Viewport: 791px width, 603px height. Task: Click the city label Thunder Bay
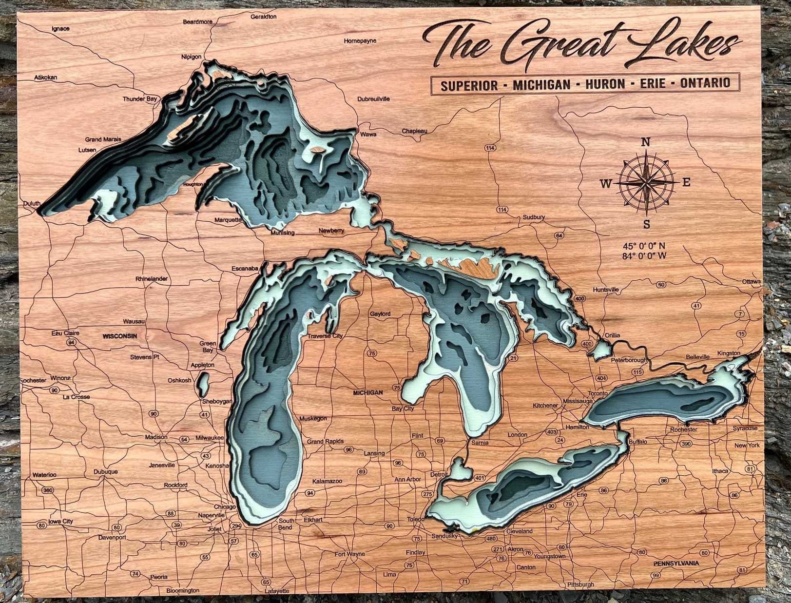point(140,99)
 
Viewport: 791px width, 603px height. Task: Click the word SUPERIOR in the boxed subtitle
point(469,85)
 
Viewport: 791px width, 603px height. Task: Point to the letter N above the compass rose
point(645,142)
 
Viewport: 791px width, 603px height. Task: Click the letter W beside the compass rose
point(605,184)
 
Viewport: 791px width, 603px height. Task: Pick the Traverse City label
point(325,336)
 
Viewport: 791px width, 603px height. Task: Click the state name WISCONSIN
point(120,336)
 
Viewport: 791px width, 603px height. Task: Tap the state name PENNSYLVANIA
point(676,563)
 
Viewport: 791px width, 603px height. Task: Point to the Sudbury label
point(534,217)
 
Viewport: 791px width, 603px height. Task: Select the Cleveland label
point(519,531)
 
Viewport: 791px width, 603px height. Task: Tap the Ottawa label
point(751,282)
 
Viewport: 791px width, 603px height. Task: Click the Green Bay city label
point(208,347)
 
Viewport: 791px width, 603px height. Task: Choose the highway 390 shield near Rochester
point(686,444)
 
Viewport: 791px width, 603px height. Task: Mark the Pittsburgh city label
point(580,584)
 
